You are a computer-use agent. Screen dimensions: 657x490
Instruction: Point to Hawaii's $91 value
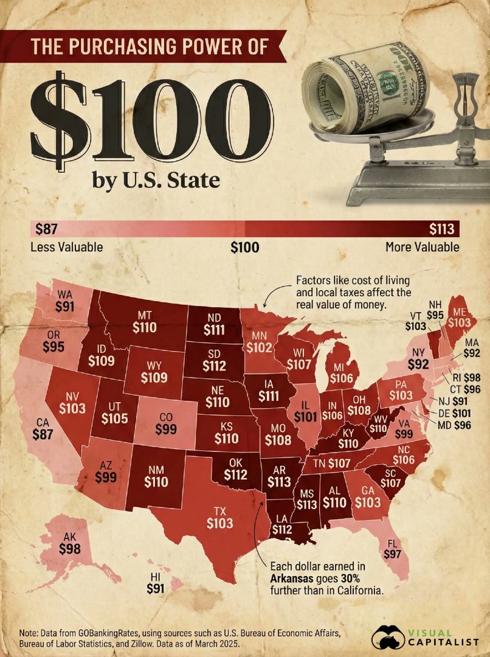coord(156,588)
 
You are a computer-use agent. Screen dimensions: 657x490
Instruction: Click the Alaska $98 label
coord(69,548)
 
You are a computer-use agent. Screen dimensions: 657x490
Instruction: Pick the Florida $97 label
coord(393,553)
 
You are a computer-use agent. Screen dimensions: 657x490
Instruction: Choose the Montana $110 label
coord(144,327)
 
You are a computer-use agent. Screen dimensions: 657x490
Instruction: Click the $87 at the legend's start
coord(46,229)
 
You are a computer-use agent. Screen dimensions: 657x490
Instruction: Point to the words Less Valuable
coord(66,247)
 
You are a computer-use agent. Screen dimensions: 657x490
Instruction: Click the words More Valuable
coord(422,247)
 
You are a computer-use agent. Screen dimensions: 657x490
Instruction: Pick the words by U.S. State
coord(155,181)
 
